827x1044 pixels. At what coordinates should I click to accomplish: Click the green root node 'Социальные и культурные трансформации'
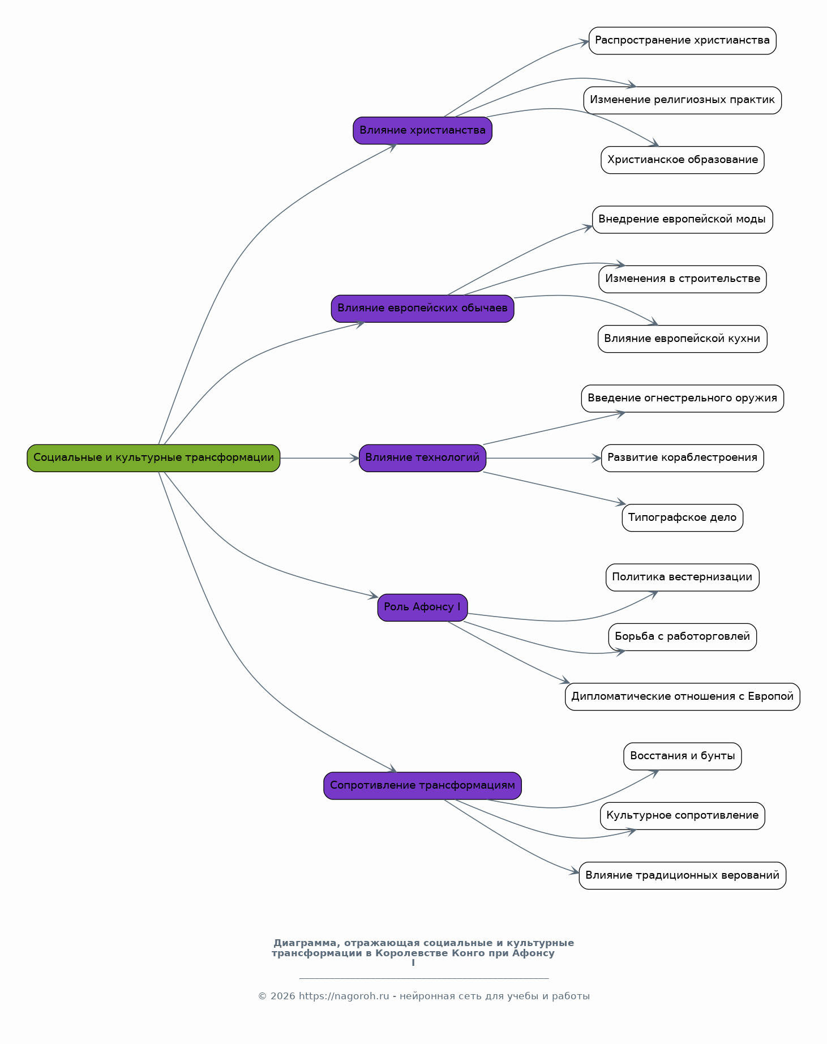coord(153,458)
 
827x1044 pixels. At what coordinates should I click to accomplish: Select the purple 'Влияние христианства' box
coord(422,131)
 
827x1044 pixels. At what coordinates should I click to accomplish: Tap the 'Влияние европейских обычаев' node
coord(422,309)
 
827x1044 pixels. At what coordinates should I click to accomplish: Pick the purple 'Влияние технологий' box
coord(422,458)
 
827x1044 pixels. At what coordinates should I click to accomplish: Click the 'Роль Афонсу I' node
coord(422,607)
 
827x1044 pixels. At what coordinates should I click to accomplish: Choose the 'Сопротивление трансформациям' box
coord(422,786)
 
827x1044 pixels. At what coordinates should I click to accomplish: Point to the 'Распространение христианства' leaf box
coord(682,41)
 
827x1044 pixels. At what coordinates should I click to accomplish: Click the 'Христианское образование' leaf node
coord(682,160)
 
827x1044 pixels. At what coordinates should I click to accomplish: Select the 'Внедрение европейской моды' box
coord(682,220)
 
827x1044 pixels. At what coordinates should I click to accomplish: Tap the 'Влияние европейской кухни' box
coord(682,339)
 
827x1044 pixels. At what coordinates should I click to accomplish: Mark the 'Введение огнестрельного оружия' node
coord(682,399)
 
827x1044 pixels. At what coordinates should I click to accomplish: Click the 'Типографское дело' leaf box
coord(682,518)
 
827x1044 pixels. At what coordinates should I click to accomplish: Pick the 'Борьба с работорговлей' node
coord(682,637)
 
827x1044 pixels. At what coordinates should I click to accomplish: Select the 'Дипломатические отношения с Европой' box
coord(682,697)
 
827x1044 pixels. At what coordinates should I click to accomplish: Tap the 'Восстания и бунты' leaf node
coord(682,756)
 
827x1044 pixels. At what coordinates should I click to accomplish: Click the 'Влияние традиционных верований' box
coord(682,876)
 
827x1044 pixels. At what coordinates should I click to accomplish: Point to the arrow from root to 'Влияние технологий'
coord(320,458)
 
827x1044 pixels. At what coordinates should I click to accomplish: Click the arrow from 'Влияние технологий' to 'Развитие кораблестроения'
coord(543,458)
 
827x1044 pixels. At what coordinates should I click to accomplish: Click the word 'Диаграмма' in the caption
coord(307,943)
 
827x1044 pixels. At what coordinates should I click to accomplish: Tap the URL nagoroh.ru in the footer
coord(344,996)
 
